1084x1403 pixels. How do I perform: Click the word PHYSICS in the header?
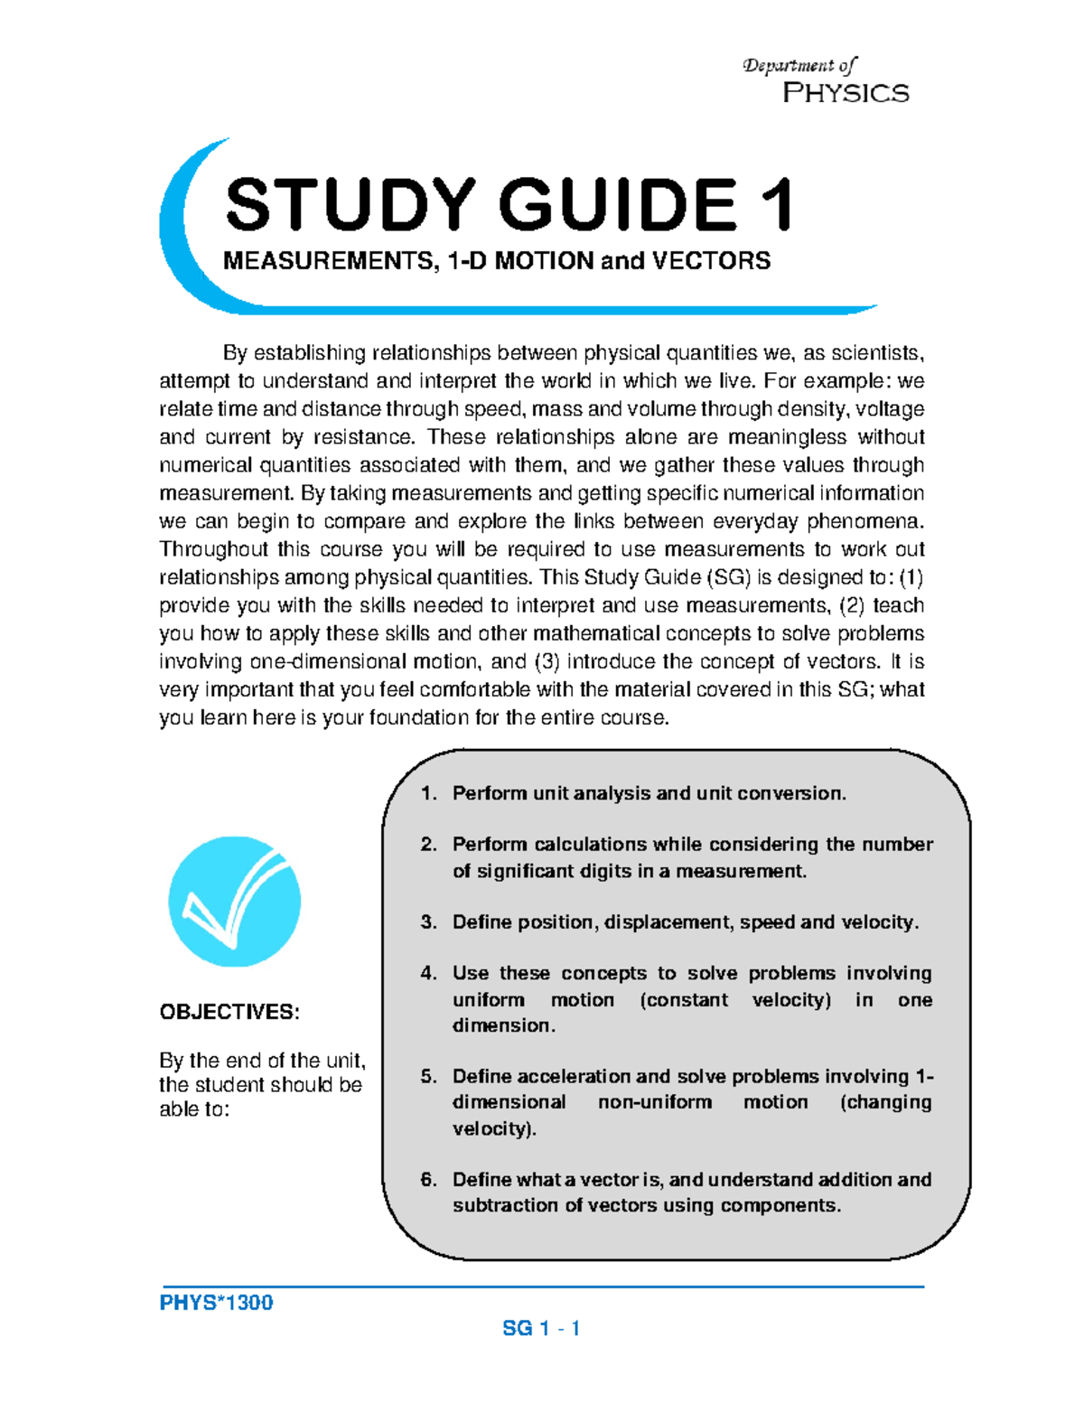click(x=846, y=93)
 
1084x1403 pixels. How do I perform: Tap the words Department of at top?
click(x=799, y=65)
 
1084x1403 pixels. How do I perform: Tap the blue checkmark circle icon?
click(x=235, y=902)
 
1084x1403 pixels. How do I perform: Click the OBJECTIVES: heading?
click(x=229, y=1011)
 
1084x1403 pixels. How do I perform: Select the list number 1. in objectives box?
click(x=428, y=793)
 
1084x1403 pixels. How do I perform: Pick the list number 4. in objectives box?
click(x=428, y=973)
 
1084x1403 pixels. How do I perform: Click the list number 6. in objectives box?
click(x=428, y=1179)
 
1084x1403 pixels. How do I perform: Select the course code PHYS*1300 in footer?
click(x=216, y=1303)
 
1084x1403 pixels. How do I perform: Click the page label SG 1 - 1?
click(x=541, y=1328)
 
